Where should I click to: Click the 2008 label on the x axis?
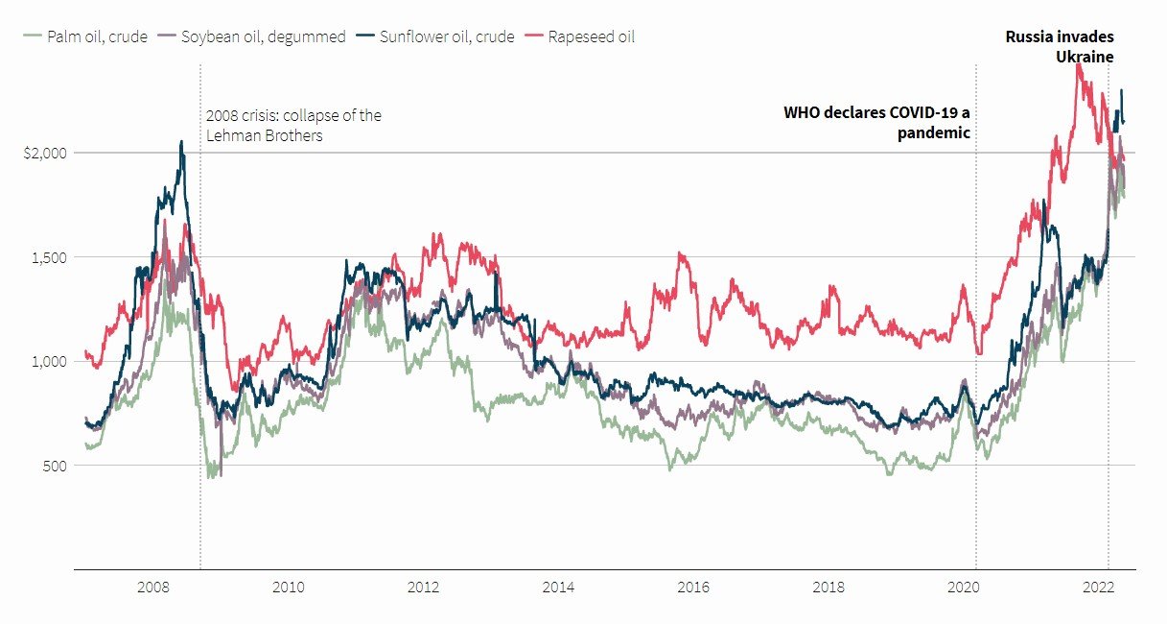pyautogui.click(x=154, y=587)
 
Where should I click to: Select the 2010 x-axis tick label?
pyautogui.click(x=289, y=587)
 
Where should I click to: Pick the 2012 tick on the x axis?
pyautogui.click(x=424, y=587)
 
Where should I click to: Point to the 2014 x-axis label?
pyautogui.click(x=558, y=587)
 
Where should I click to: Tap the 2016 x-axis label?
pyautogui.click(x=693, y=587)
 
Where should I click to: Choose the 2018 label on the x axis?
pyautogui.click(x=828, y=587)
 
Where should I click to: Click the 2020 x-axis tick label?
pyautogui.click(x=963, y=587)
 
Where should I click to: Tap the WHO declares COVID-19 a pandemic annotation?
pyautogui.click(x=877, y=123)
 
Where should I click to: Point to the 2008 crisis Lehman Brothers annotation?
pyautogui.click(x=293, y=126)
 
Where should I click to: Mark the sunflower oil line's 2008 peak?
pyautogui.click(x=181, y=142)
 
